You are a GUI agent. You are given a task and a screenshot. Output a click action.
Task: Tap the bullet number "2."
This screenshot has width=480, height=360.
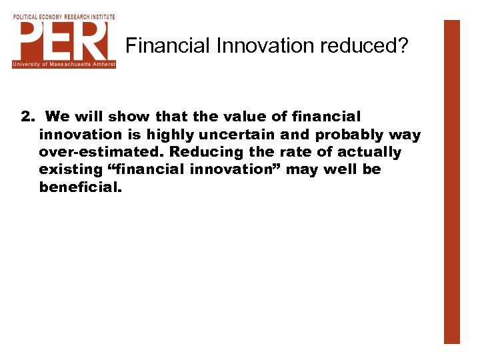pos(27,117)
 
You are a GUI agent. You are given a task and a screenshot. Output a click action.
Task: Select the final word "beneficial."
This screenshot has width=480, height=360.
pos(81,187)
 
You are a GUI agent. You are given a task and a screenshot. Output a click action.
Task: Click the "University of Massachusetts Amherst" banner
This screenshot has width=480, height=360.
pos(64,64)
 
